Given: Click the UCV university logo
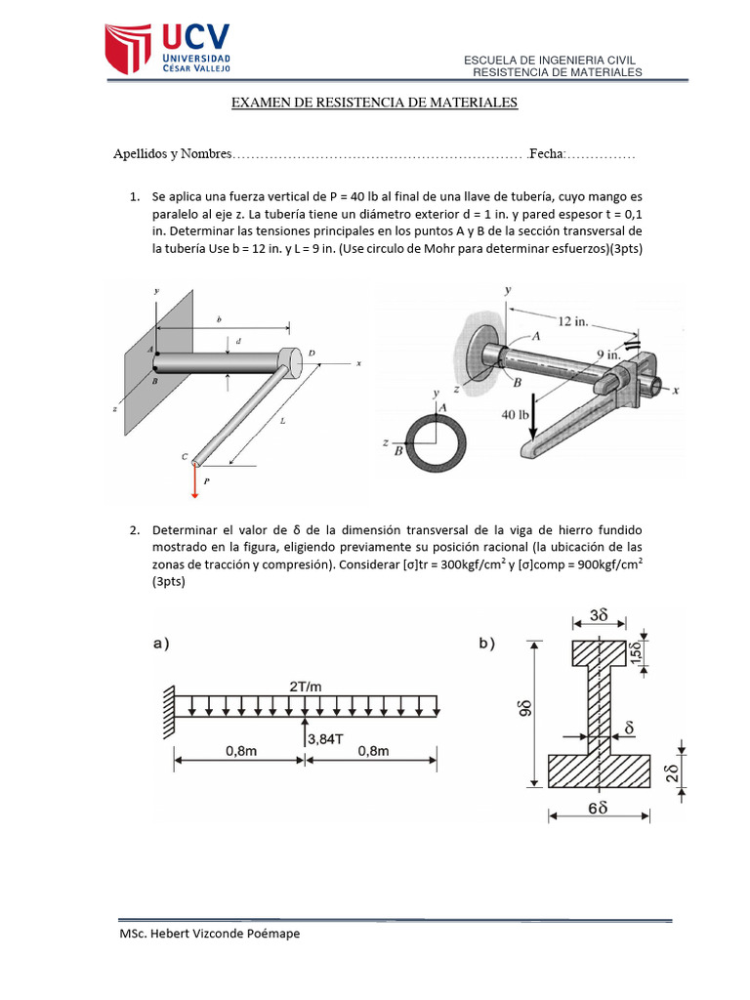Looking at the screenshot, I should coord(168,47).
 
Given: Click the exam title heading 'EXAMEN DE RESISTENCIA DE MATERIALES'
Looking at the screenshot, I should coord(374,103).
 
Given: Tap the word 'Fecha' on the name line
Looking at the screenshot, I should coord(545,154).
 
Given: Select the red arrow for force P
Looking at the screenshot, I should coord(194,478).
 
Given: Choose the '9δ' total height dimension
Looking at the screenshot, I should coord(518,713).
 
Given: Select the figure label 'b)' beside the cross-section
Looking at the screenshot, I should coord(484,644).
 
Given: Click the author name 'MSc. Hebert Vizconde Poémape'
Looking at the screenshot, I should coord(209,935).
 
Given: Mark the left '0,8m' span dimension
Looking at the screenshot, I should coord(239,751).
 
